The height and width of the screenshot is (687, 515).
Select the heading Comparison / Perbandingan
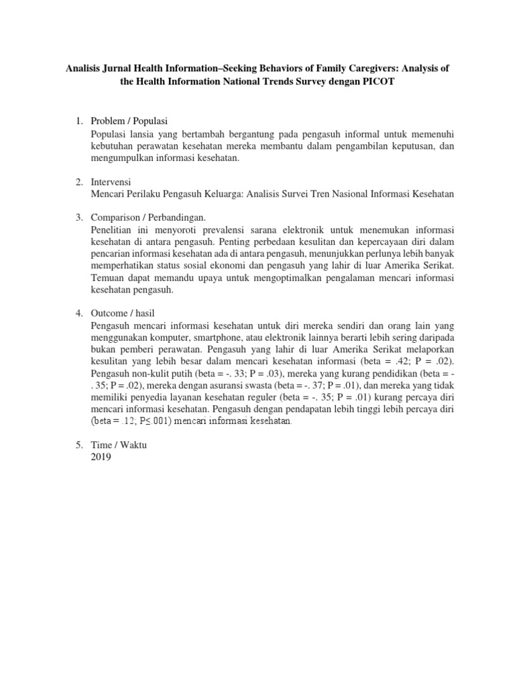(148, 218)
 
